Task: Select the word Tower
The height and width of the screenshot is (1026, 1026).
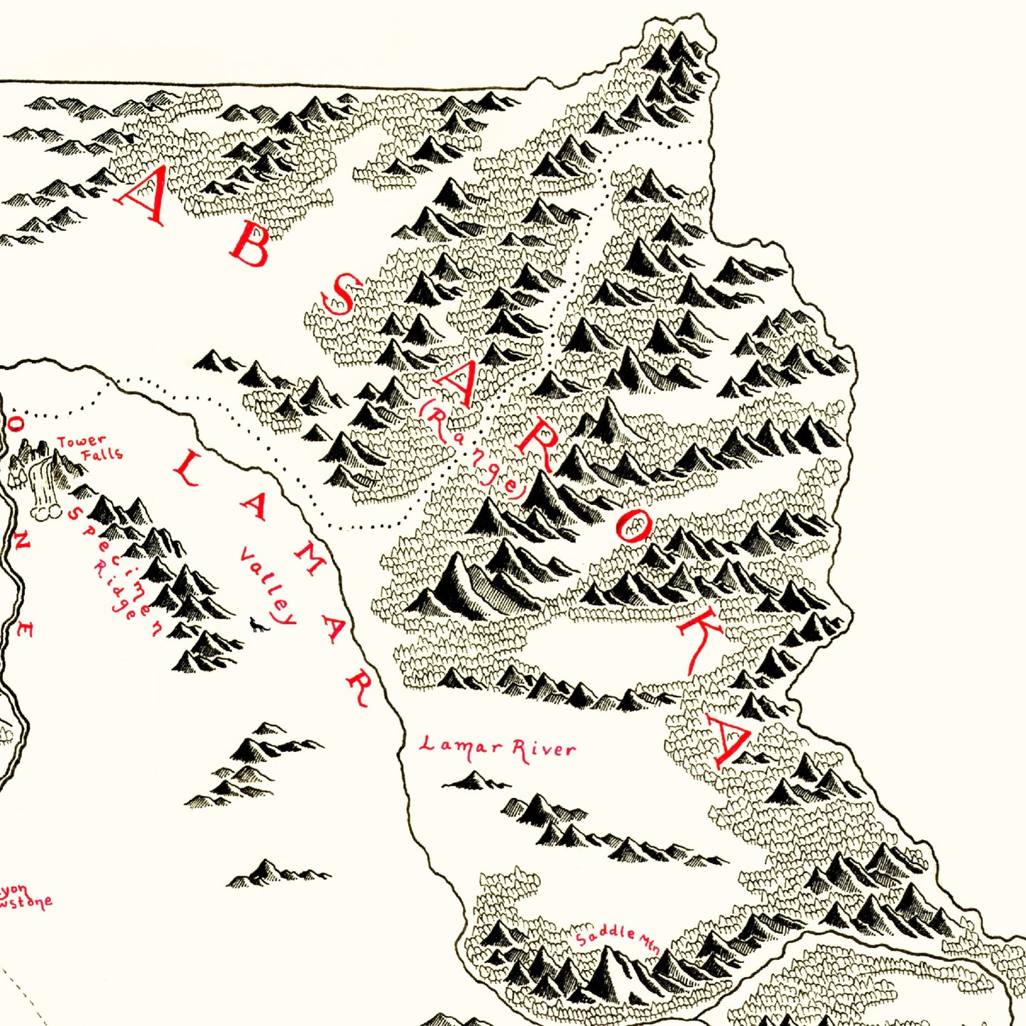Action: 81,442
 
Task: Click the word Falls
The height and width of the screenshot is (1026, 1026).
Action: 102,454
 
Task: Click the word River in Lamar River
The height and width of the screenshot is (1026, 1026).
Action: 544,750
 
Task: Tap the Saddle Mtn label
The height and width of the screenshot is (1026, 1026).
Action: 617,938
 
